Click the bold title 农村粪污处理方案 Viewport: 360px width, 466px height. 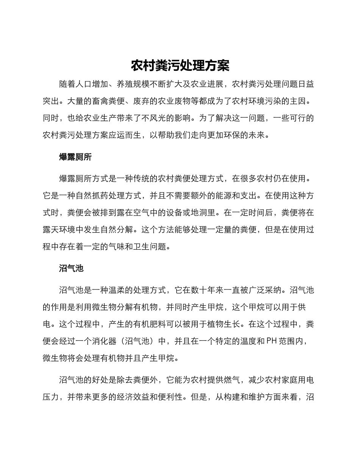[180, 66]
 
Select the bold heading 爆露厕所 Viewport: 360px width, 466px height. [75, 157]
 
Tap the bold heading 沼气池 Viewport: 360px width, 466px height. [71, 269]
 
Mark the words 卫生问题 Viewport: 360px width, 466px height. [150, 247]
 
